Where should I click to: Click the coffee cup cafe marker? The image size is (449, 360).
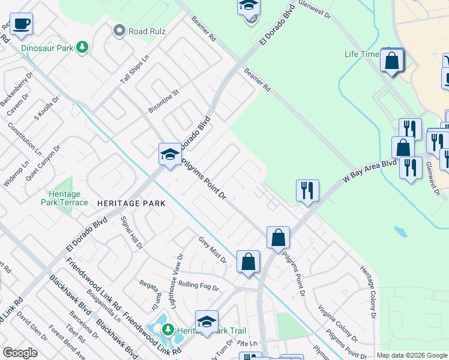[21, 24]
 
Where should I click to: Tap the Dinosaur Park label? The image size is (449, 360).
[47, 47]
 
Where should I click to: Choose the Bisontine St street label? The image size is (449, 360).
[164, 101]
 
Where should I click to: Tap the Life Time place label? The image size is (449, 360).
[361, 54]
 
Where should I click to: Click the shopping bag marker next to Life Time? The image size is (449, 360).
[392, 61]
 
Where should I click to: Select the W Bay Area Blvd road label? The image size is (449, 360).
[370, 170]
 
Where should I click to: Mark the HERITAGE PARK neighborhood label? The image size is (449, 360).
[131, 203]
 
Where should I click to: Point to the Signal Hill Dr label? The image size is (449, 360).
[132, 232]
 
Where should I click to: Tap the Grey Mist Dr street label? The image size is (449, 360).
[212, 250]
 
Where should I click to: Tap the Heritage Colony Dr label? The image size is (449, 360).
[367, 292]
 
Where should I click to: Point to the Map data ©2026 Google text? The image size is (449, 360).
[412, 355]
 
